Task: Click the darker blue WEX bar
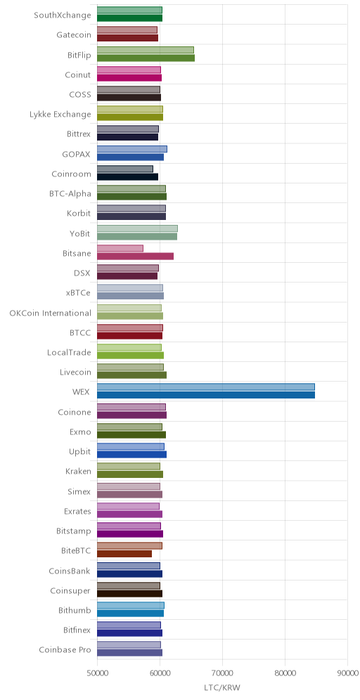pyautogui.click(x=206, y=395)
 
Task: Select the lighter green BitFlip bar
pyautogui.click(x=145, y=50)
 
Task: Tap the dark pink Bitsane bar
pyautogui.click(x=135, y=257)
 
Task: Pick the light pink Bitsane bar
pyautogui.click(x=120, y=248)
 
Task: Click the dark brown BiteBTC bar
pyautogui.click(x=124, y=554)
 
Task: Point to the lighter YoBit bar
pyautogui.click(x=137, y=228)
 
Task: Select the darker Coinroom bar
pyautogui.click(x=127, y=177)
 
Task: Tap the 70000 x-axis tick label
pyautogui.click(x=222, y=673)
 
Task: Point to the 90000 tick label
pyautogui.click(x=347, y=673)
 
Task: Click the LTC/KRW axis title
pyautogui.click(x=222, y=687)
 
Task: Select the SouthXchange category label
pyautogui.click(x=63, y=15)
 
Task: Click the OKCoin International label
pyautogui.click(x=51, y=313)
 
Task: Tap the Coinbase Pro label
pyautogui.click(x=65, y=649)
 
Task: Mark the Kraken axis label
pyautogui.click(x=78, y=472)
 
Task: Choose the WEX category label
pyautogui.click(x=82, y=392)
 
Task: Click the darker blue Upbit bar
pyautogui.click(x=131, y=455)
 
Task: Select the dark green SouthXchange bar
pyautogui.click(x=129, y=18)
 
